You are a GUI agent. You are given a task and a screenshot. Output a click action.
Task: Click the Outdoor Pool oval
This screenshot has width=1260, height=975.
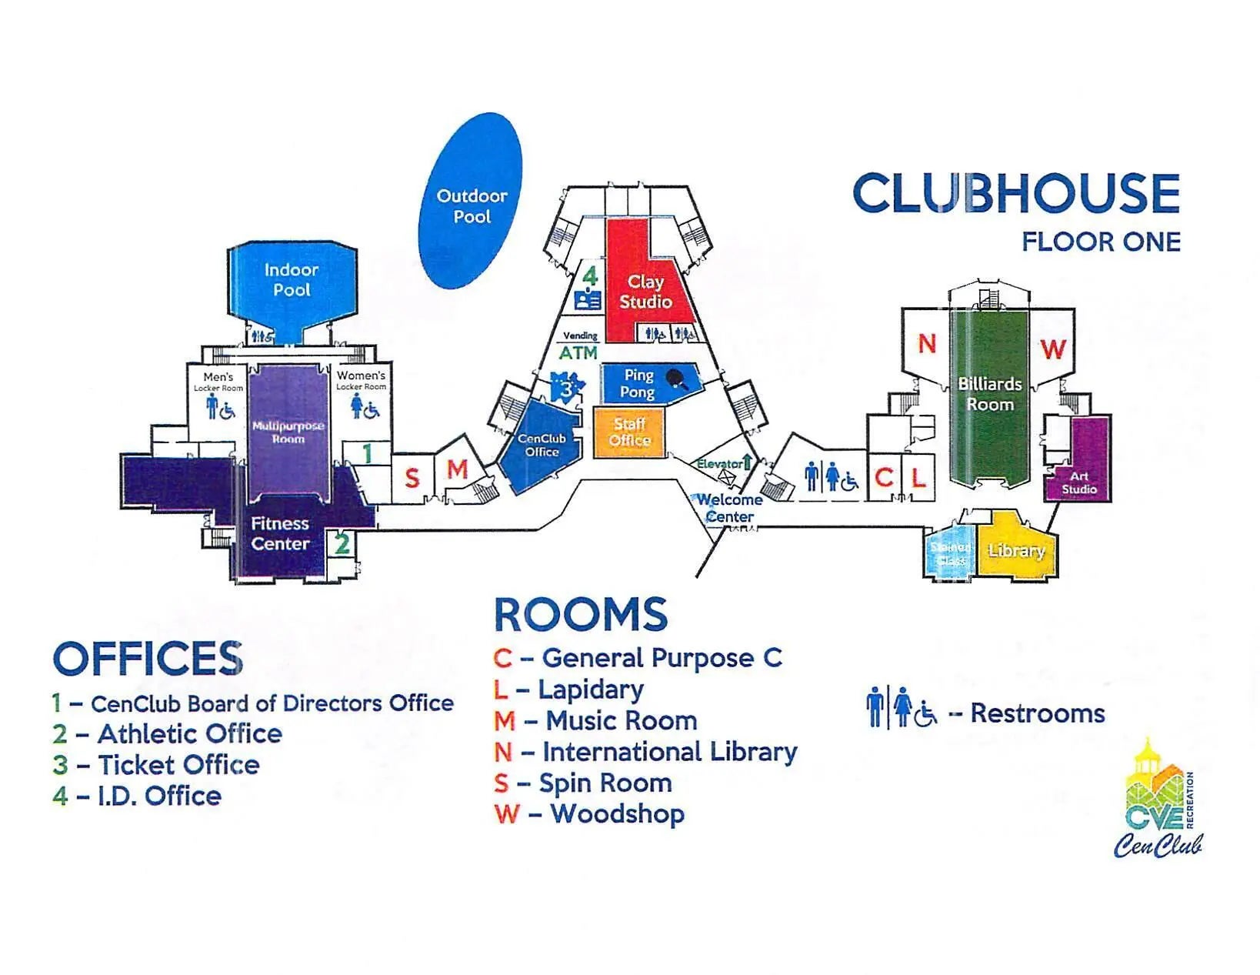point(470,202)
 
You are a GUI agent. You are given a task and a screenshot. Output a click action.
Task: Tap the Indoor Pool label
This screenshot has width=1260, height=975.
point(292,280)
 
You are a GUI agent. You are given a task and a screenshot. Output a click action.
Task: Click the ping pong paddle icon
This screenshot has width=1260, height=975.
point(678,379)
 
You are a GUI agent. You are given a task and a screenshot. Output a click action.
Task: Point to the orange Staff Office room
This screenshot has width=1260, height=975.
point(628,432)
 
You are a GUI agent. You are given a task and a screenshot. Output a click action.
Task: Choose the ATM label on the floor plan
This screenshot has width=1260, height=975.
point(578,353)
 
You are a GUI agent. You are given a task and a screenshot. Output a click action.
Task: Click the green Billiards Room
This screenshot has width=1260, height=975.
point(989,394)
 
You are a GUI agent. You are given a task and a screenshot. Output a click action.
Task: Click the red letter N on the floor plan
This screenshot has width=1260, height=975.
point(927,344)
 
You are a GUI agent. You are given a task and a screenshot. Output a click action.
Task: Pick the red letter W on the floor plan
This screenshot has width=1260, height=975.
point(1052,349)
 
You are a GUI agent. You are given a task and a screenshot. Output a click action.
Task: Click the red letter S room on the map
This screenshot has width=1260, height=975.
point(412,479)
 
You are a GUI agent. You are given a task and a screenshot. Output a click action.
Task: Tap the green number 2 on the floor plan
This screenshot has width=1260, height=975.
point(342,544)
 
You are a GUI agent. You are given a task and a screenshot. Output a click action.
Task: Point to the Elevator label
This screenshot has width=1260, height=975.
point(720,464)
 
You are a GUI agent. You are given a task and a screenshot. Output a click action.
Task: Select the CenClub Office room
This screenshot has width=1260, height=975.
point(541,445)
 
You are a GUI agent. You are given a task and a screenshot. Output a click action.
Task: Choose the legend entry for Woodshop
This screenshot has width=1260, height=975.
point(589,814)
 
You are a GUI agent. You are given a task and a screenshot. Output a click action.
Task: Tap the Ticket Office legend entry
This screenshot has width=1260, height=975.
point(156,765)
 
